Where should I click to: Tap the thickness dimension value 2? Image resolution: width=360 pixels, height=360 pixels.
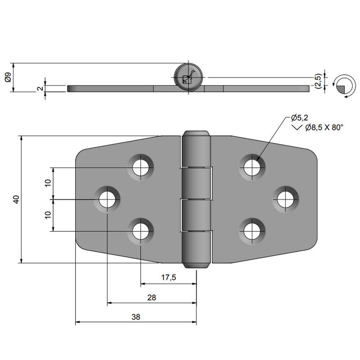[x=40, y=89]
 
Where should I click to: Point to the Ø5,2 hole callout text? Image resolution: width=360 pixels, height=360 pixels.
[x=299, y=118]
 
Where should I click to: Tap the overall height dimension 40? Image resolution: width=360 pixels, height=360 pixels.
[x=15, y=200]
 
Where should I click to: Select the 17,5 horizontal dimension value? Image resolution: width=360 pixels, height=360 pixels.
[x=168, y=278]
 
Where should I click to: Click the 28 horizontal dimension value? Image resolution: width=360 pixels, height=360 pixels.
[x=151, y=297]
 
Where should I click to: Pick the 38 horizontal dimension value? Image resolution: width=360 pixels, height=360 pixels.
[x=135, y=317]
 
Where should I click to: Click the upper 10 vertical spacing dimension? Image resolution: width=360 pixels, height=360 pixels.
[x=48, y=183]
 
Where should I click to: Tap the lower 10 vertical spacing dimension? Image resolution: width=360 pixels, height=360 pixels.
[x=48, y=215]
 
